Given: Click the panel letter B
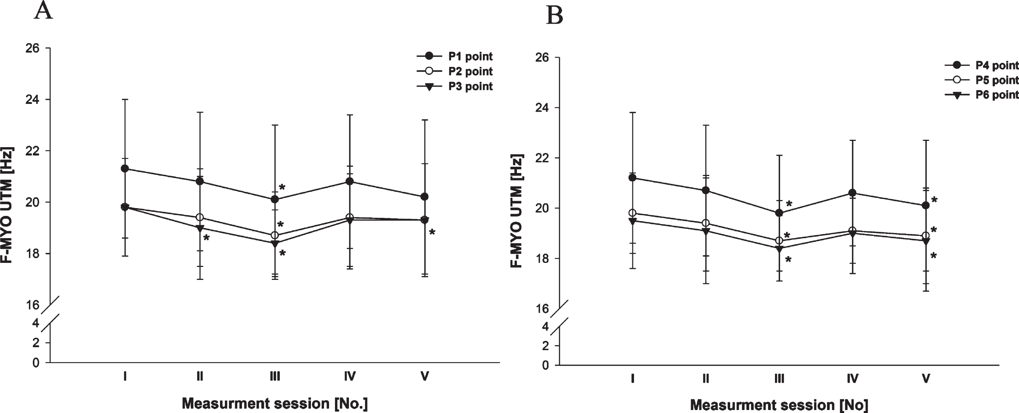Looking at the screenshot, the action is (x=554, y=16).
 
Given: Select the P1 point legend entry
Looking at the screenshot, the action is (x=455, y=57).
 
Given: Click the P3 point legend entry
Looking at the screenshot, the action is (x=455, y=87).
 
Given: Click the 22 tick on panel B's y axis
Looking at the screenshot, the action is (x=542, y=158).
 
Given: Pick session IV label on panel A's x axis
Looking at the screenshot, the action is (x=349, y=376).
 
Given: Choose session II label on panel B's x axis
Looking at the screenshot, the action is (x=706, y=379).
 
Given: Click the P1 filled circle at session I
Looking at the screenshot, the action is (x=125, y=169).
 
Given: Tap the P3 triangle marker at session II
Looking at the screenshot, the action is (x=200, y=228).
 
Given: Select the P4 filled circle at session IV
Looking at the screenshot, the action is (x=853, y=193).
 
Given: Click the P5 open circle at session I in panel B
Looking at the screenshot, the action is (x=633, y=213).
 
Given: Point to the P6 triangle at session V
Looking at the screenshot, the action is (x=926, y=241).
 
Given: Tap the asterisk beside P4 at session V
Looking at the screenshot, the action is (x=934, y=200).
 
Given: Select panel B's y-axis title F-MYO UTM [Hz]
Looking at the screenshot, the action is (x=517, y=210).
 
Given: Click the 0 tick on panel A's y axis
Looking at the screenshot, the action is (x=36, y=362).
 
